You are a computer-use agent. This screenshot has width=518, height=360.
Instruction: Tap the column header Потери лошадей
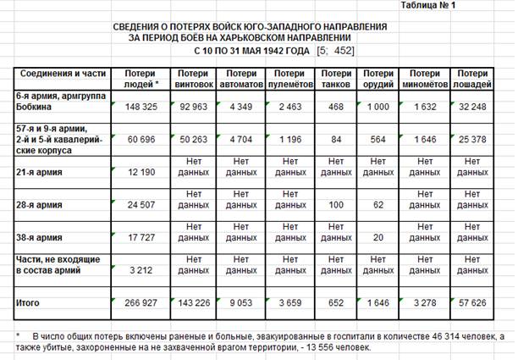475,79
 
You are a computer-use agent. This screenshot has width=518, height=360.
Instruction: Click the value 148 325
143,108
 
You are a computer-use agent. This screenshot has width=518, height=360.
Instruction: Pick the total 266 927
143,302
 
